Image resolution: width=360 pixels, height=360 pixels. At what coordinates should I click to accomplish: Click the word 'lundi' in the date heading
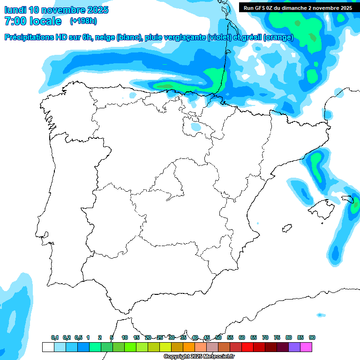point(15,10)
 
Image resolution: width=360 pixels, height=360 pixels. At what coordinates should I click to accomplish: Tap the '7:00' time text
point(15,21)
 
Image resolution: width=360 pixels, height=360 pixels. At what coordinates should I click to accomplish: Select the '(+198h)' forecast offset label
point(83,21)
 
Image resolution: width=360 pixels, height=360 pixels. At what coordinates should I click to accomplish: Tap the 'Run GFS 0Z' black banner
point(298,7)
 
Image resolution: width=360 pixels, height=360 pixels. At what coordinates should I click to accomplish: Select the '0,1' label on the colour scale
point(54,338)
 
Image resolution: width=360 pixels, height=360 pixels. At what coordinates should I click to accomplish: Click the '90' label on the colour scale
point(312,338)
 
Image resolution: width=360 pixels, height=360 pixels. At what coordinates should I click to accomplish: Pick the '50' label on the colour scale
point(218,338)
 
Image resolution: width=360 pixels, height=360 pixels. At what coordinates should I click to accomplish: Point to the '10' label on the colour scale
point(125,338)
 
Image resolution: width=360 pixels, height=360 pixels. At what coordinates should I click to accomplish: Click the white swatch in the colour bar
point(48,347)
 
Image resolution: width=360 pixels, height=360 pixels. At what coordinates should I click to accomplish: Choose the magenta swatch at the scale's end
point(306,347)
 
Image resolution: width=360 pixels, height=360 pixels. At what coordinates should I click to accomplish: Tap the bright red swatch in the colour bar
point(247,347)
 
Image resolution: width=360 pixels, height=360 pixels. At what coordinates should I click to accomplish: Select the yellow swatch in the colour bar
point(165,347)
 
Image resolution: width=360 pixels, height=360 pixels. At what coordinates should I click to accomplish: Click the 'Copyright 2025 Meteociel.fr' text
point(199,357)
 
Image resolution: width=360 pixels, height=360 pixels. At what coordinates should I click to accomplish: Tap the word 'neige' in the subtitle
point(106,37)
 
